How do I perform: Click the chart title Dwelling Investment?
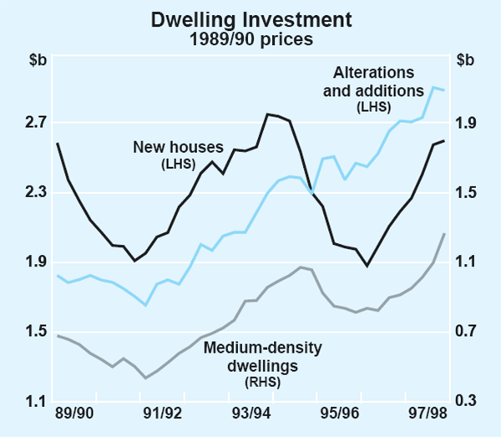(x=250, y=18)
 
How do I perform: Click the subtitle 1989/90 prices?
(x=250, y=38)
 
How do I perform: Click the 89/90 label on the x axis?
(x=74, y=414)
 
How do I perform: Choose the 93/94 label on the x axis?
(x=250, y=414)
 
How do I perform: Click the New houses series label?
(x=175, y=148)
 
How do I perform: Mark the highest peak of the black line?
(x=267, y=114)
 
